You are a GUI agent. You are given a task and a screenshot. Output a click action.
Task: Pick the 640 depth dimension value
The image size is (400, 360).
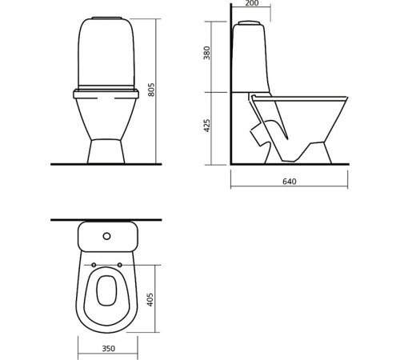point(289,182)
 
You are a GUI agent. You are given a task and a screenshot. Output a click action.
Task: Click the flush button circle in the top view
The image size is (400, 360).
point(106,237)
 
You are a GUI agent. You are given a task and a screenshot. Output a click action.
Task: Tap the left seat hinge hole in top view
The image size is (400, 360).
point(94,265)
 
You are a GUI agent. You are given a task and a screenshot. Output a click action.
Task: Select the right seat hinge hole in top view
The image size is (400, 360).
point(120,265)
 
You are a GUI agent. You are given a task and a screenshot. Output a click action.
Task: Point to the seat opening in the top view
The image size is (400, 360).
point(106,293)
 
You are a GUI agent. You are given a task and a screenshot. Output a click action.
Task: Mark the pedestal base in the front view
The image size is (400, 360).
point(106,150)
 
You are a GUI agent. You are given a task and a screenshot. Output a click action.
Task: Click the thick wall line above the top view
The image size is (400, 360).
point(106,218)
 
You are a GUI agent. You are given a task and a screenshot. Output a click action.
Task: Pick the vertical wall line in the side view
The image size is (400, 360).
point(230,88)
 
